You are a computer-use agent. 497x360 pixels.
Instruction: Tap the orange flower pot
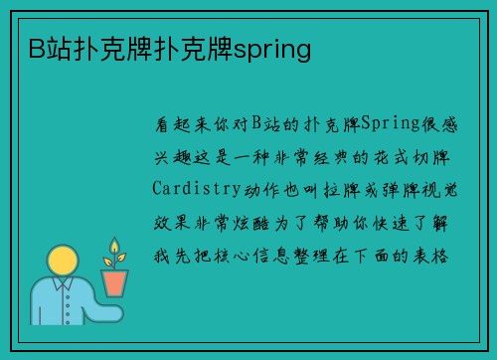tap(115, 282)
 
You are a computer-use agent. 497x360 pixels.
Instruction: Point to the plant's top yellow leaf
tap(114, 246)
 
